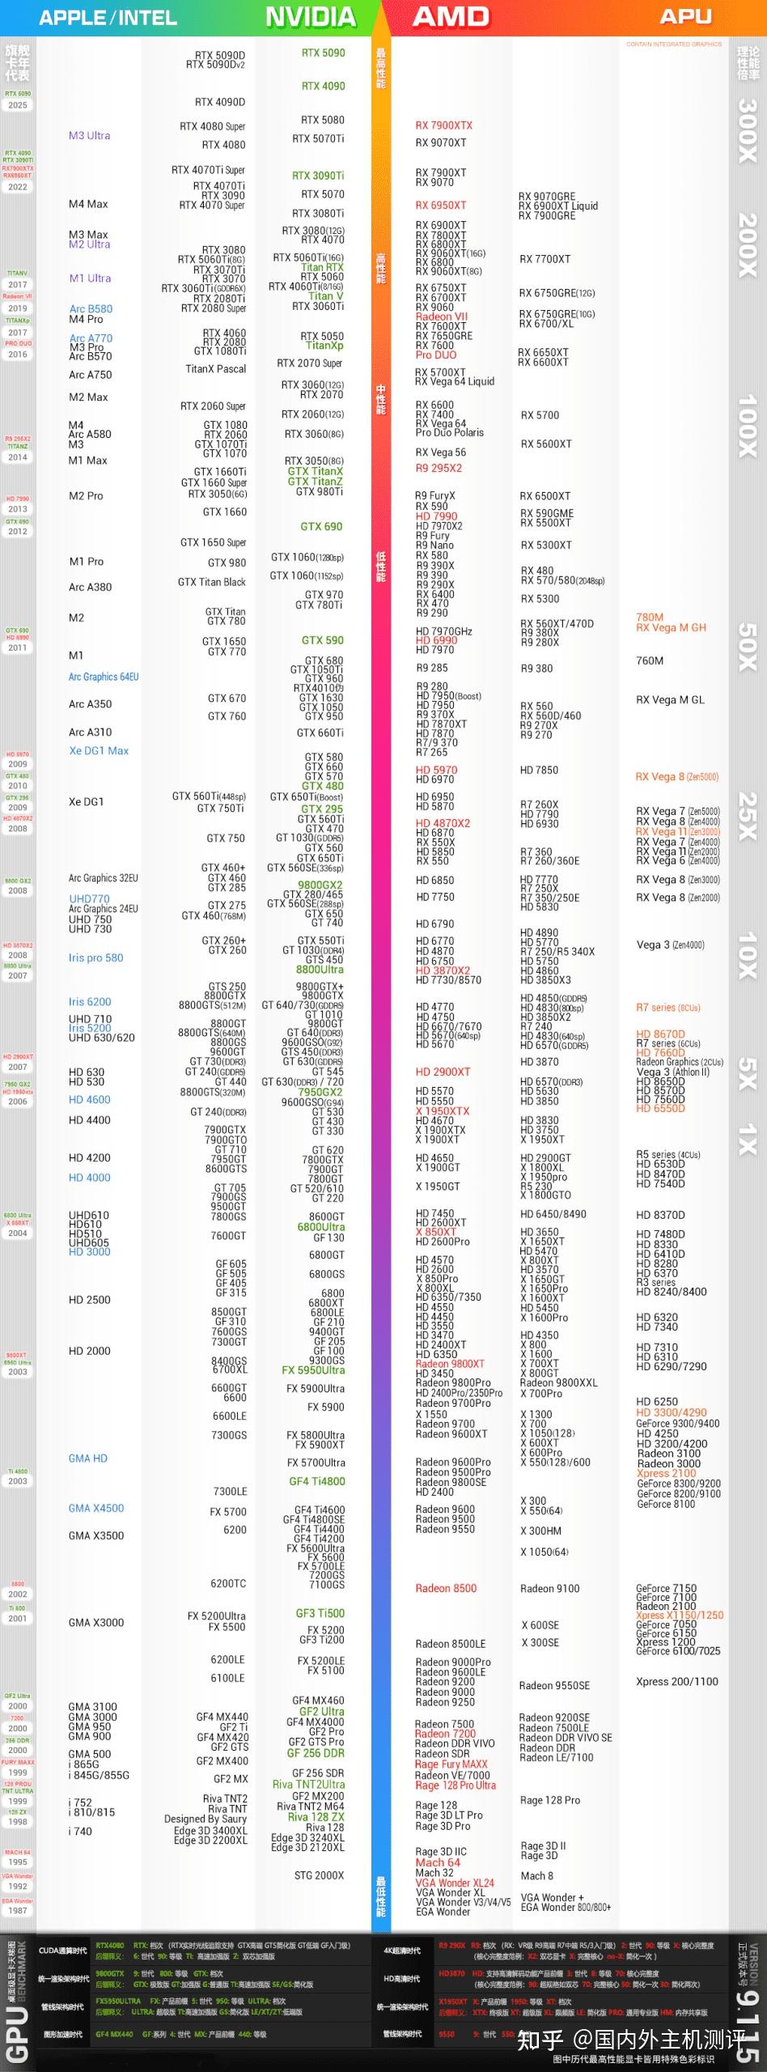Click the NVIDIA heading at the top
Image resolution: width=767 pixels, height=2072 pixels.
[x=311, y=17]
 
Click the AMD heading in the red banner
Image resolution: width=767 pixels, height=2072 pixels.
[x=451, y=17]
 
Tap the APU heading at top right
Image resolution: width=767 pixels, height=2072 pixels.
[x=685, y=17]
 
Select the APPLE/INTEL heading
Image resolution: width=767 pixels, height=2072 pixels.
[x=108, y=18]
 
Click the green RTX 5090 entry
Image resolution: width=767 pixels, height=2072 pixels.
[x=323, y=53]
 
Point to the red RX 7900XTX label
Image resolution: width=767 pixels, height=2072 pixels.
[x=443, y=125]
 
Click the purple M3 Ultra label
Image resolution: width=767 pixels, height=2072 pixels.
[x=89, y=136]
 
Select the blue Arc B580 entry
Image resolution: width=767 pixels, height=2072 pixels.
[x=91, y=309]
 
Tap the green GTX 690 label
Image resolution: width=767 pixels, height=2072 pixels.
[x=321, y=527]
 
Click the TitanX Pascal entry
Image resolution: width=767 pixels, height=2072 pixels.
[x=215, y=369]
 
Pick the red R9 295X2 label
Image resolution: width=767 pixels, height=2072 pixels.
[x=439, y=469]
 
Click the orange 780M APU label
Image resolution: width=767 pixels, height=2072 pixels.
[x=649, y=618]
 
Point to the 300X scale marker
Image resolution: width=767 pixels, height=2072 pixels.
[x=747, y=129]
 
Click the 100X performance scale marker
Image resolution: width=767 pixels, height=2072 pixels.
[x=747, y=426]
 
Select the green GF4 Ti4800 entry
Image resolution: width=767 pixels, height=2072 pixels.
[x=316, y=1482]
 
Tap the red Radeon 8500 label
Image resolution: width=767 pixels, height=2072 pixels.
[x=446, y=1589]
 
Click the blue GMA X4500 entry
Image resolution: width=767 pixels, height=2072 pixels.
[x=95, y=1509]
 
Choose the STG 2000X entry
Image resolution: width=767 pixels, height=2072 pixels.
[x=319, y=1875]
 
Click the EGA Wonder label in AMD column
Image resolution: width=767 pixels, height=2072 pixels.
[x=443, y=1912]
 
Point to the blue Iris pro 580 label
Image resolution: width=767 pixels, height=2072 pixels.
[x=95, y=958]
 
